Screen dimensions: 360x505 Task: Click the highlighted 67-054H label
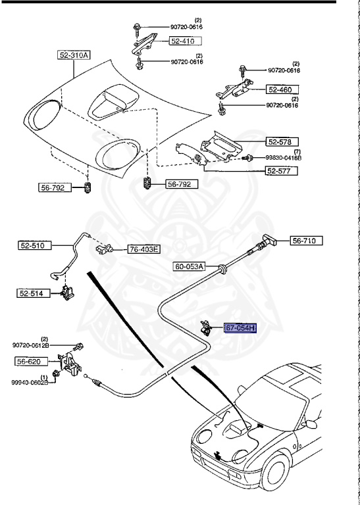[x=240, y=328]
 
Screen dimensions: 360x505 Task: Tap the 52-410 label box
[x=186, y=41]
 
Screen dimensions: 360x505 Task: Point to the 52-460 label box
[x=282, y=89]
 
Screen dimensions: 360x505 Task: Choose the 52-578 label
[x=282, y=141]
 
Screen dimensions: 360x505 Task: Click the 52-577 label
[x=282, y=171]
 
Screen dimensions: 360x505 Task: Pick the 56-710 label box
[x=307, y=241]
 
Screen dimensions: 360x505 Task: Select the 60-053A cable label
[x=190, y=266]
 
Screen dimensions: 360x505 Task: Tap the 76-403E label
[x=144, y=249]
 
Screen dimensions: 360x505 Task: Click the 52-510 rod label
[x=35, y=246]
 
